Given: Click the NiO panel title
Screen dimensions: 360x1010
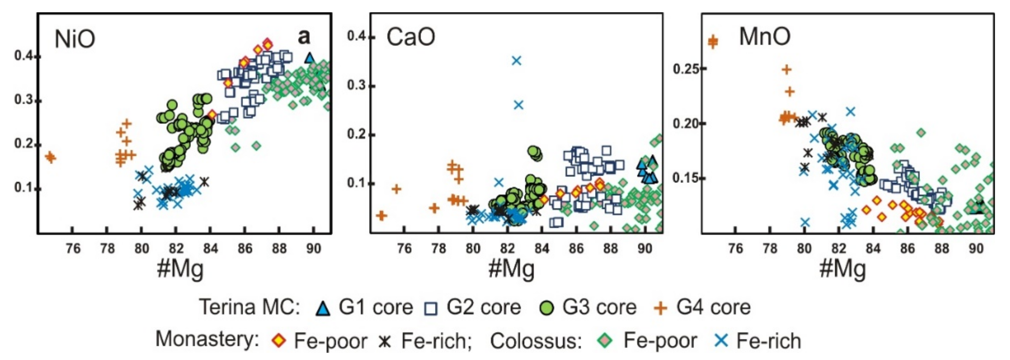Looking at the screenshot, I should point(74,39).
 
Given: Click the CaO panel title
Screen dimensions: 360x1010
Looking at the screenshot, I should point(410,37).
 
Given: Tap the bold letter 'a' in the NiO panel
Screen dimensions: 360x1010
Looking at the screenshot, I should point(304,37).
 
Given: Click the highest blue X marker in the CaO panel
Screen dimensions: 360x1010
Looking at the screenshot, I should point(517,61).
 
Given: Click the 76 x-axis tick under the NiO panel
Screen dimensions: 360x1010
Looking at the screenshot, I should point(73,248).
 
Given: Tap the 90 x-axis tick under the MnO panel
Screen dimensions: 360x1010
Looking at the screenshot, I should point(976,248).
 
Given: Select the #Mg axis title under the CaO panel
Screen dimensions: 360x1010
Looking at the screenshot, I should point(511,269).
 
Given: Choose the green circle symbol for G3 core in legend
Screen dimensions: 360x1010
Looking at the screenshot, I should point(547,308).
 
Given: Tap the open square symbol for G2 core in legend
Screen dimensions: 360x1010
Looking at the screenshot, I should point(431,309).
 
